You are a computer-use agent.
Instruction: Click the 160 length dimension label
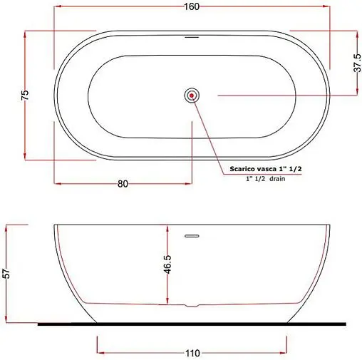coord(192,6)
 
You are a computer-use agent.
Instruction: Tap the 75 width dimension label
coord(25,95)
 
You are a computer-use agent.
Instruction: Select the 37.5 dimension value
coord(357,63)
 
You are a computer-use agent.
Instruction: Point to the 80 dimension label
coord(123,184)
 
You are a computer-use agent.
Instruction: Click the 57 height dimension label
coord(6,273)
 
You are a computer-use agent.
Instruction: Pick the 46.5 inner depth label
coord(167,264)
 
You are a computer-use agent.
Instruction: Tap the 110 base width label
coord(192,354)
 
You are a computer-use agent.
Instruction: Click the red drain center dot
coord(192,96)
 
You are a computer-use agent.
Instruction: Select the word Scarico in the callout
coord(242,169)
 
